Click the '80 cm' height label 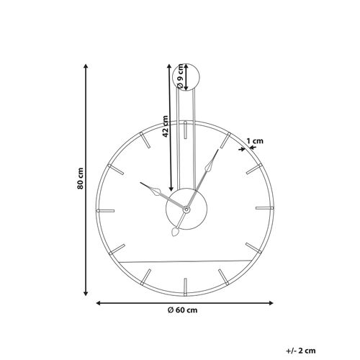coord(81,179)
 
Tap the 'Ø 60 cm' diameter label coord(182,310)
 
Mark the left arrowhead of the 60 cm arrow coord(99,302)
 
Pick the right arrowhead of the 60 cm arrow coord(270,302)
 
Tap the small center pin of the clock coord(185,209)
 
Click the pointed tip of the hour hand coord(143,184)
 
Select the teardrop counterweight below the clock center coord(176,233)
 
